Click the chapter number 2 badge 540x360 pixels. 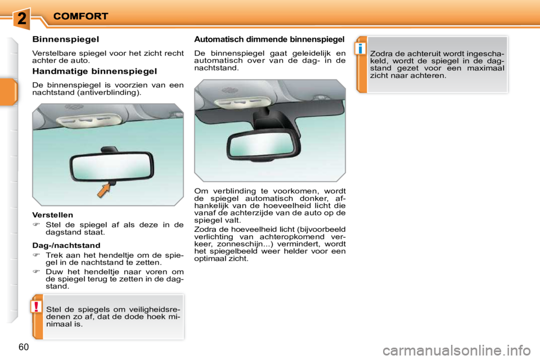[x=21, y=18]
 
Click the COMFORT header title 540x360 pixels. [x=81, y=16]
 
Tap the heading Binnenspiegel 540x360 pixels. [x=66, y=39]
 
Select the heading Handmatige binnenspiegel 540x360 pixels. [x=94, y=71]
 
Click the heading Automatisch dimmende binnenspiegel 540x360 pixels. [x=269, y=39]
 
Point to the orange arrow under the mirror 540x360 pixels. [x=103, y=190]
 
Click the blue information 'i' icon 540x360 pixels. [x=359, y=48]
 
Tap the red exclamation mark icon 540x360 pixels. [x=36, y=307]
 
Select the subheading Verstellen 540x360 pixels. [x=53, y=215]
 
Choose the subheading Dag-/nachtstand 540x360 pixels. [x=66, y=246]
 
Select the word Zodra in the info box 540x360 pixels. [x=381, y=54]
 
